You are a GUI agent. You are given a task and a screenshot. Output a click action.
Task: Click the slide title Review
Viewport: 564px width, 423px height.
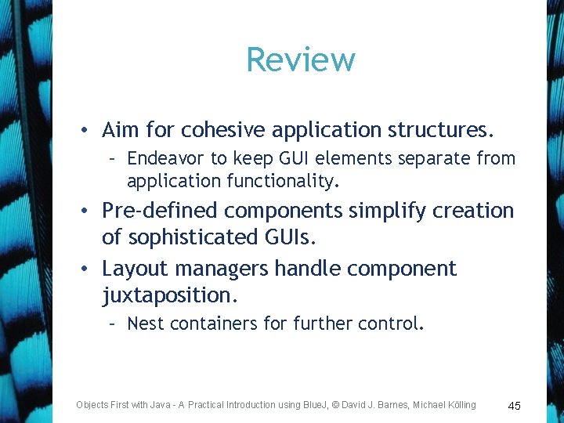tap(301, 60)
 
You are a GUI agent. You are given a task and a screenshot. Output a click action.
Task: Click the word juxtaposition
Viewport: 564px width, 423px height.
tap(168, 295)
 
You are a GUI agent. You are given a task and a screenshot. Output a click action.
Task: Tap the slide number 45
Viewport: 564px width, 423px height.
tap(515, 406)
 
